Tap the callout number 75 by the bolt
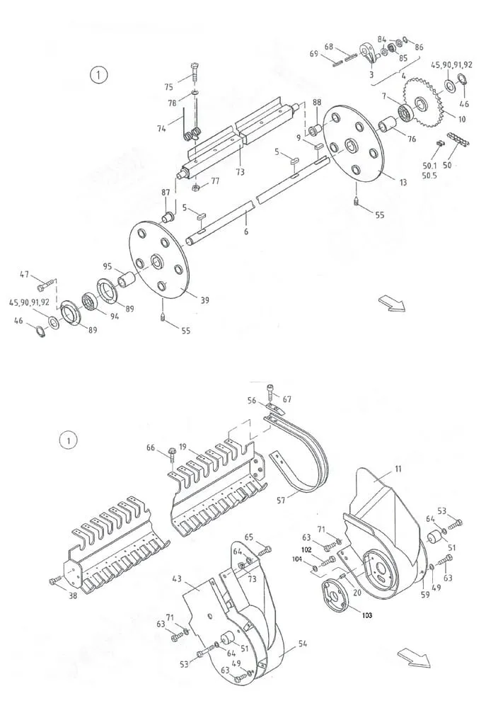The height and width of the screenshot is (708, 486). click(x=169, y=86)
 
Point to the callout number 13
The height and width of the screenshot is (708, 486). click(x=403, y=182)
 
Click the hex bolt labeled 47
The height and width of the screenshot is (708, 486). click(x=46, y=284)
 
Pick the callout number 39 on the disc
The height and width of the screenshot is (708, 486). click(x=205, y=300)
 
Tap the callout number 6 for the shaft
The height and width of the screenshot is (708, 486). click(x=246, y=232)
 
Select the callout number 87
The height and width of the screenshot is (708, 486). click(x=166, y=193)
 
